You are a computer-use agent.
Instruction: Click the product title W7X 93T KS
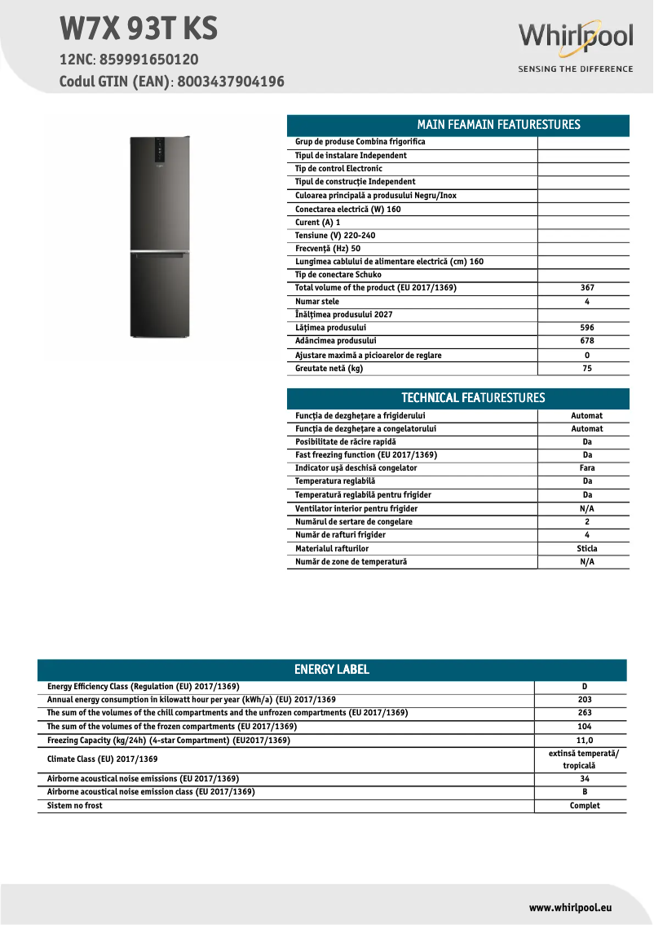coord(139,29)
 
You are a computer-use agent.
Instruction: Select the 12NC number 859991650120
coord(149,60)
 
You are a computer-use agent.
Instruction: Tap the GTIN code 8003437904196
coord(231,82)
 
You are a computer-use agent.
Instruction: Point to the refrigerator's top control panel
coord(160,151)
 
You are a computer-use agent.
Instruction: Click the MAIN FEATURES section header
coord(457,125)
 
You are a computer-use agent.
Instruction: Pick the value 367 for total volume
coord(586,288)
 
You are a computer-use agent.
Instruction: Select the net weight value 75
coord(586,369)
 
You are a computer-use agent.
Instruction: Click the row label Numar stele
coord(317,302)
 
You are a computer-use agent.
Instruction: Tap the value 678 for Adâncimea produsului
coord(586,341)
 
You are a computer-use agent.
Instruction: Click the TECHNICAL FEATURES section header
coord(457,398)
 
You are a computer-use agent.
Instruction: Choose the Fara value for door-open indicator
coord(586,468)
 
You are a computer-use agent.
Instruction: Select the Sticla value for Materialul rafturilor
coord(586,549)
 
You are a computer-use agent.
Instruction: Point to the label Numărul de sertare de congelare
coord(354,522)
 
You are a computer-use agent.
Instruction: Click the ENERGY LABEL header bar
coord(332,670)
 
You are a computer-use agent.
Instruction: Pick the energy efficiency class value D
coord(584,687)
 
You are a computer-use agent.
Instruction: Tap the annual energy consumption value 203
coord(584,700)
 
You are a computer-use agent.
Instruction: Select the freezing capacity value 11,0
coord(584,741)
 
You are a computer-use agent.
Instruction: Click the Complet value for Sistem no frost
coord(584,806)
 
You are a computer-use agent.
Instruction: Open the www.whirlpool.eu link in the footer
coord(570,907)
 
